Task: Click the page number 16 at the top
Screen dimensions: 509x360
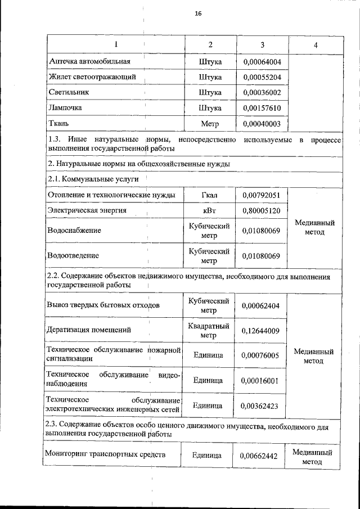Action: pyautogui.click(x=198, y=13)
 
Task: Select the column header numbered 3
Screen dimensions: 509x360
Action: pyautogui.click(x=262, y=44)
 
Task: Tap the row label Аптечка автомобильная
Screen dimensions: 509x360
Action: pyautogui.click(x=90, y=61)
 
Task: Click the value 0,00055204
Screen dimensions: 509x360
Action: pyautogui.click(x=262, y=77)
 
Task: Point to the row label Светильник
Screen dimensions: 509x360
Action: pyautogui.click(x=69, y=92)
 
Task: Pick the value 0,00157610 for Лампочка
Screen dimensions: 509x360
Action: pyautogui.click(x=262, y=107)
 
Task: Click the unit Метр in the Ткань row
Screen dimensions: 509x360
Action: pyautogui.click(x=210, y=123)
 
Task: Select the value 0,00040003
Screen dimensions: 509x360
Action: pyautogui.click(x=262, y=123)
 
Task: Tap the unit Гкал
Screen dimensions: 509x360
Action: pyautogui.click(x=210, y=195)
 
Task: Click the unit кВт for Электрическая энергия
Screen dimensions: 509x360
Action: pyautogui.click(x=210, y=210)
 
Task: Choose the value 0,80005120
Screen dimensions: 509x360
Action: pyautogui.click(x=262, y=210)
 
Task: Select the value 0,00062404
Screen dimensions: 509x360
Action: pyautogui.click(x=262, y=305)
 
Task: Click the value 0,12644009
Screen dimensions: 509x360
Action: pyautogui.click(x=262, y=330)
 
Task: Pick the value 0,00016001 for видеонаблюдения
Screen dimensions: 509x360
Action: pyautogui.click(x=262, y=380)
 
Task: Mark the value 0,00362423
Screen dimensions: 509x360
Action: pyautogui.click(x=262, y=405)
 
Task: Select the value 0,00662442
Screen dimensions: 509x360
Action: pyautogui.click(x=262, y=456)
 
